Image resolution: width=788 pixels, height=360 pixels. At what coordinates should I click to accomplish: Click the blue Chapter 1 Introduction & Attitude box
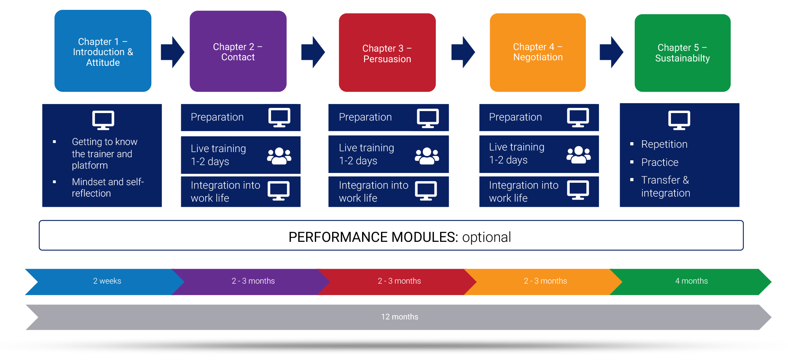pyautogui.click(x=103, y=51)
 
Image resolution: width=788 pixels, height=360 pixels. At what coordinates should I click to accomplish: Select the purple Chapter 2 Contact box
pyautogui.click(x=238, y=51)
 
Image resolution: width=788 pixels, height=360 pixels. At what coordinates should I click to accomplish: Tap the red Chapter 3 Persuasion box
pyautogui.click(x=387, y=52)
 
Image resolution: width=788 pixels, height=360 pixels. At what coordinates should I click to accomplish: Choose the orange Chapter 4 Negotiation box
pyautogui.click(x=538, y=52)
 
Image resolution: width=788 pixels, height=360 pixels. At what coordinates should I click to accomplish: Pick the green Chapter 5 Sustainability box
pyautogui.click(x=683, y=53)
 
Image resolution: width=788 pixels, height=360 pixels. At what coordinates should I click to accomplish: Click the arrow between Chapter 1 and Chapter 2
pyautogui.click(x=173, y=52)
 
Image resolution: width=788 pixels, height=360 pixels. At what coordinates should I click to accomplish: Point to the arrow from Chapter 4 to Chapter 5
pyautogui.click(x=611, y=52)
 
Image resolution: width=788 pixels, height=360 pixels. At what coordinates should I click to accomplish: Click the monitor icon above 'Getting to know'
pyautogui.click(x=103, y=120)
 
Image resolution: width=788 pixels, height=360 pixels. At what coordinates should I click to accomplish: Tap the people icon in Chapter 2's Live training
pyautogui.click(x=279, y=156)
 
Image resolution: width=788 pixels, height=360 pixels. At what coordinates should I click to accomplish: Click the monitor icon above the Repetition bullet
pyautogui.click(x=679, y=120)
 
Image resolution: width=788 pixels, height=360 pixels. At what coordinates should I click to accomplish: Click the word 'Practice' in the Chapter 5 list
pyautogui.click(x=660, y=162)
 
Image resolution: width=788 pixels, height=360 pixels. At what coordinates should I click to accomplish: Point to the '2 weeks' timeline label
pyautogui.click(x=107, y=281)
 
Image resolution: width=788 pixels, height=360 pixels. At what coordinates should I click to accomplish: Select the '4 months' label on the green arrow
pyautogui.click(x=691, y=281)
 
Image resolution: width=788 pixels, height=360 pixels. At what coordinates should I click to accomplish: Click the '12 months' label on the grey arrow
pyautogui.click(x=400, y=317)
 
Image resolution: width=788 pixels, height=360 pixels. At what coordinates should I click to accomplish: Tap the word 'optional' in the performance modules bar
pyautogui.click(x=487, y=237)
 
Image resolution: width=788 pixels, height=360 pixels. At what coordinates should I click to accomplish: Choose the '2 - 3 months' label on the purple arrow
pyautogui.click(x=253, y=281)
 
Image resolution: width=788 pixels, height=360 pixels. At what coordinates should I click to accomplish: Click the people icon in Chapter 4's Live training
pyautogui.click(x=579, y=155)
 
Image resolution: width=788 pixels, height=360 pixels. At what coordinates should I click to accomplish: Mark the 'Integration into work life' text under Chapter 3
pyautogui.click(x=374, y=191)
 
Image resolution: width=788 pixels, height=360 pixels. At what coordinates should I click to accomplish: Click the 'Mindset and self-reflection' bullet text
pyautogui.click(x=108, y=187)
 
